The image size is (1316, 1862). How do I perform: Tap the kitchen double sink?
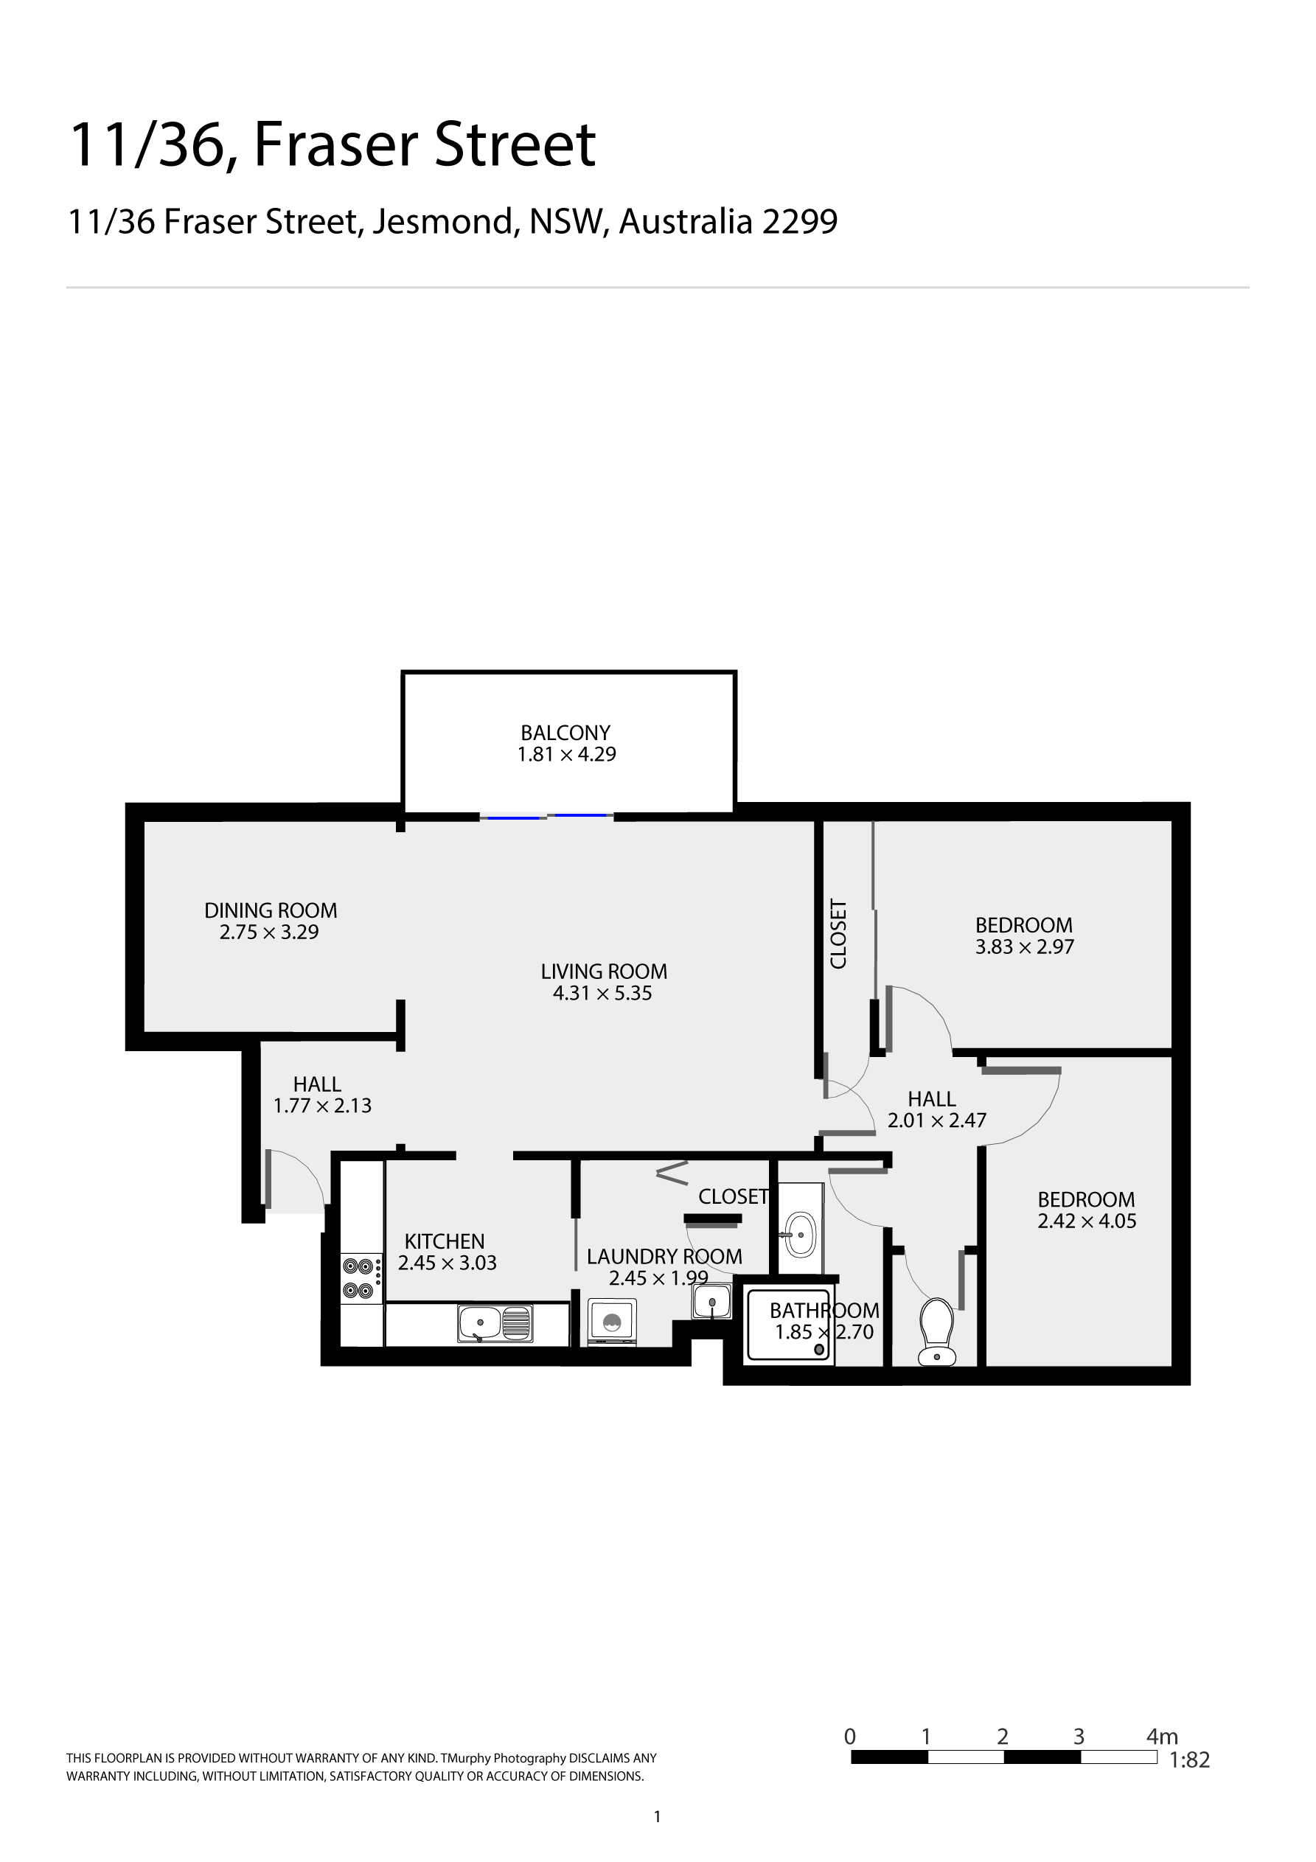pos(494,1322)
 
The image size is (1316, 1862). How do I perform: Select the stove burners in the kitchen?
pos(358,1277)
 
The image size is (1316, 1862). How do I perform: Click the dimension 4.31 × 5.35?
pos(602,993)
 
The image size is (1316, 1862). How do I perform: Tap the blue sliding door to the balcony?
pos(546,816)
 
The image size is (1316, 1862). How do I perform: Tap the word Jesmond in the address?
pos(445,221)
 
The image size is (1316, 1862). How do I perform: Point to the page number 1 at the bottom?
pos(657,1816)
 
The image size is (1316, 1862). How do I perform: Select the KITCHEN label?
pos(444,1241)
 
